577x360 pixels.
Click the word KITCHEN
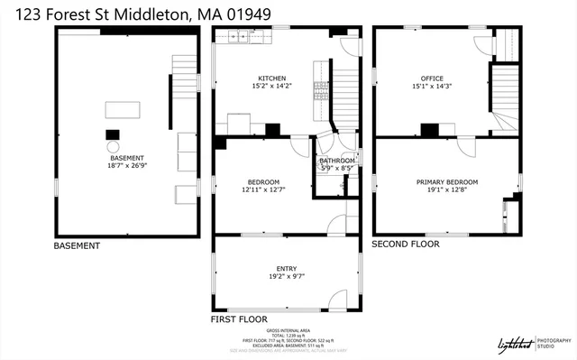click(x=272, y=78)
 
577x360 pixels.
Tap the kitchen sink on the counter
click(x=239, y=37)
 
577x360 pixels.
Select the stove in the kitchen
click(x=319, y=88)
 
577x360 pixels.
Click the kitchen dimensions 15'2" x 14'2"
click(x=272, y=86)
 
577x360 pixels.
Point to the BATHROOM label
click(x=338, y=160)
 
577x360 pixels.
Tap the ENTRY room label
click(x=286, y=269)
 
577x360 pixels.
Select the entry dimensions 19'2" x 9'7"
click(x=286, y=277)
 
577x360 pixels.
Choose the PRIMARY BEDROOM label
click(x=447, y=181)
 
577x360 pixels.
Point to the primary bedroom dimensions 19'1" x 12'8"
click(x=447, y=189)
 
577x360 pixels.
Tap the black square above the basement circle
click(x=114, y=132)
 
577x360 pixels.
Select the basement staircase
click(x=184, y=69)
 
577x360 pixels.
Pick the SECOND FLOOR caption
click(x=406, y=244)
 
